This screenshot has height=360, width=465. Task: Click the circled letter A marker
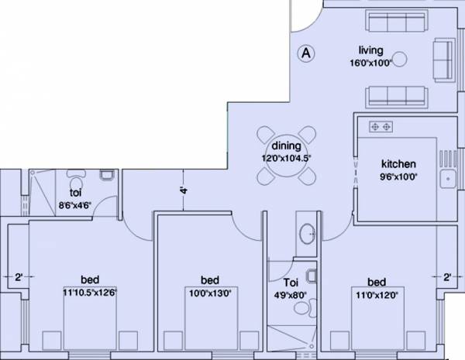click(306, 53)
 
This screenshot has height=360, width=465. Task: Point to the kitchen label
click(399, 164)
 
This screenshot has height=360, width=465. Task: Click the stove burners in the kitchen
click(381, 125)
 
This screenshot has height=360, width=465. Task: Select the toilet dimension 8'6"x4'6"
click(77, 204)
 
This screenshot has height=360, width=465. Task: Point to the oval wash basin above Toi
click(307, 232)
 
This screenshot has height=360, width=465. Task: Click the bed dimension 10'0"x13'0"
click(208, 292)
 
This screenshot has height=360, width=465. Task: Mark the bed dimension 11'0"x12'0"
click(377, 293)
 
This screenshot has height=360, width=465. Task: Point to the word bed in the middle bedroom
click(209, 280)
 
